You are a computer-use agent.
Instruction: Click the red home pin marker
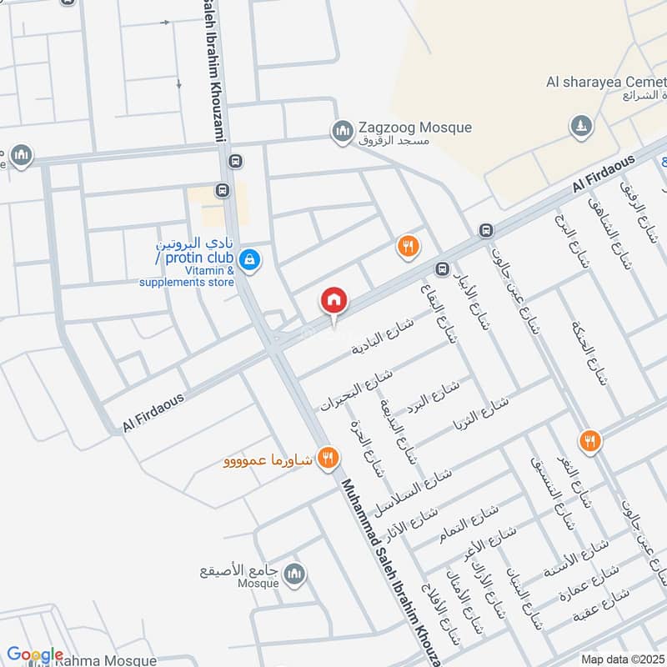(334, 301)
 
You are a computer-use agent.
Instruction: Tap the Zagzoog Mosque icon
(341, 131)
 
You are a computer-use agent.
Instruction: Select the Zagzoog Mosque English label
(414, 128)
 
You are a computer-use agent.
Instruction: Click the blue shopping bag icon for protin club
(248, 261)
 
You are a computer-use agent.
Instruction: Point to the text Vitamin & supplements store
(187, 275)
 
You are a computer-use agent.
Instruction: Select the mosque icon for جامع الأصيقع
(294, 574)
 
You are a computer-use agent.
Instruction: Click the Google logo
(35, 655)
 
